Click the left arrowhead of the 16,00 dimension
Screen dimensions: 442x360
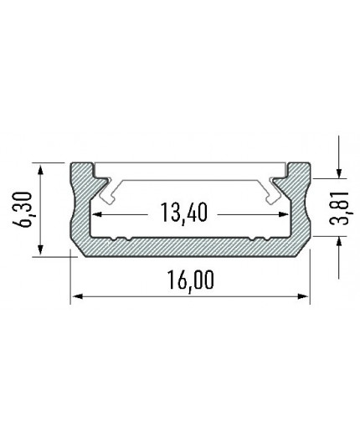pos(75,295)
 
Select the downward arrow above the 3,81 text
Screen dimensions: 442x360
pos(339,172)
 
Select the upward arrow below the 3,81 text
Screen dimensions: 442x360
pos(339,243)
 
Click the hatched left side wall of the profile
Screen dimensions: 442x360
pos(80,209)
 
